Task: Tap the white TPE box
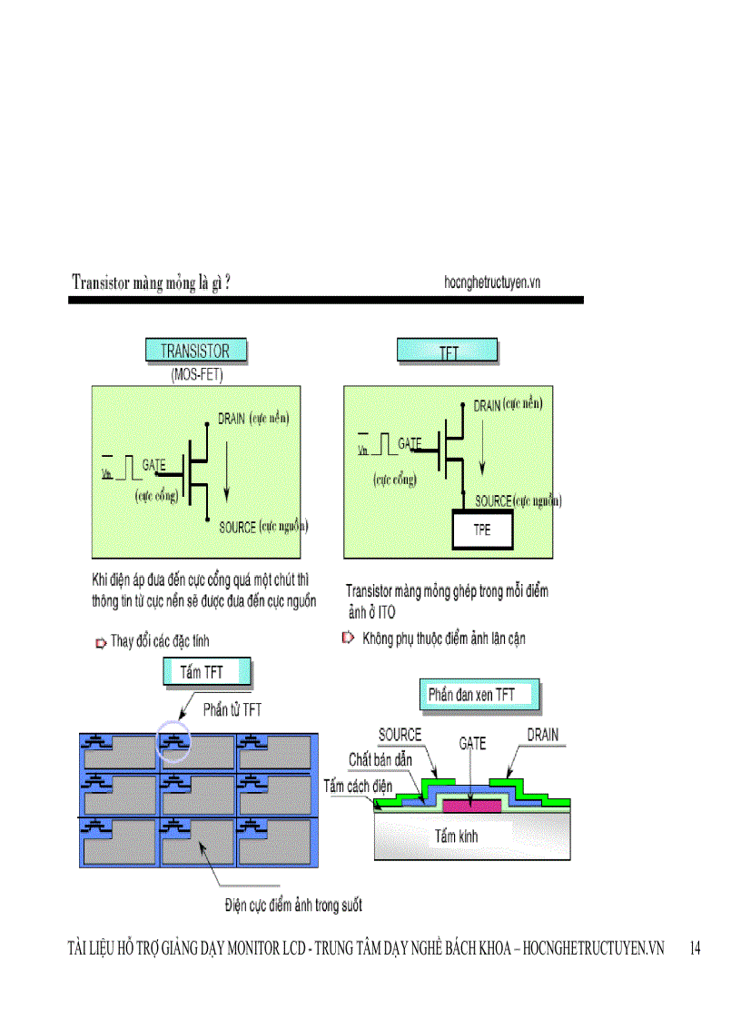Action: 482,530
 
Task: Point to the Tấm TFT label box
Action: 205,672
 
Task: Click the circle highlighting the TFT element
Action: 173,740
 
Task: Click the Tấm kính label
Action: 457,837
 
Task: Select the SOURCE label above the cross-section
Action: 400,734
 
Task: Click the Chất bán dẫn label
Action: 380,759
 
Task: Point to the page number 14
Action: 695,948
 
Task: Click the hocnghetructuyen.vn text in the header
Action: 492,282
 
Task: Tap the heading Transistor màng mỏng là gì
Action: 151,282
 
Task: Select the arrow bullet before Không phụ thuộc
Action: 348,639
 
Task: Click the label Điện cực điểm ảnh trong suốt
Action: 293,905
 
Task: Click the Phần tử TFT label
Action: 232,709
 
